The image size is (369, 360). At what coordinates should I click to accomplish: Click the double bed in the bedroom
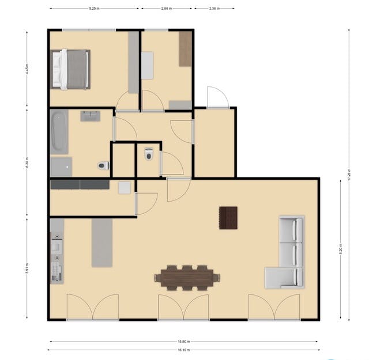(71, 69)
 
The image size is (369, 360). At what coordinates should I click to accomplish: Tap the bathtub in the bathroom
(59, 131)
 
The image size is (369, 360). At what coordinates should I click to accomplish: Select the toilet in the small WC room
(149, 154)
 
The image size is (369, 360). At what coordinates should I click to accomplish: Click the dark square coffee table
(228, 218)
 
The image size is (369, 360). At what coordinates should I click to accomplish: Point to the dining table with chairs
(187, 278)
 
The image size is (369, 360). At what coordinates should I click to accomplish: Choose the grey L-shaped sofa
(286, 253)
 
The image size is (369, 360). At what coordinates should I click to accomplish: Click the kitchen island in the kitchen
(102, 242)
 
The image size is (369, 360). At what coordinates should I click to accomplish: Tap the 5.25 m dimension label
(94, 9)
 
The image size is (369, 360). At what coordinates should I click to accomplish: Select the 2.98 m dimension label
(167, 9)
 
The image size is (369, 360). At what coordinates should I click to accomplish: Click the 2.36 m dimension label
(213, 9)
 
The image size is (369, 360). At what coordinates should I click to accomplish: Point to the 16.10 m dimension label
(183, 350)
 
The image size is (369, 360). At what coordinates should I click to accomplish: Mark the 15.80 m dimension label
(183, 341)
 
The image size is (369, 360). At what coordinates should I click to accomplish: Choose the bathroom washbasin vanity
(90, 116)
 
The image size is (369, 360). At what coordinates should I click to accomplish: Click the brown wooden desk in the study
(185, 49)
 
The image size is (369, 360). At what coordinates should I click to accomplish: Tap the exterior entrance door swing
(217, 98)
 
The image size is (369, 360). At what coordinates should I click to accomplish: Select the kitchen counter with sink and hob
(57, 251)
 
